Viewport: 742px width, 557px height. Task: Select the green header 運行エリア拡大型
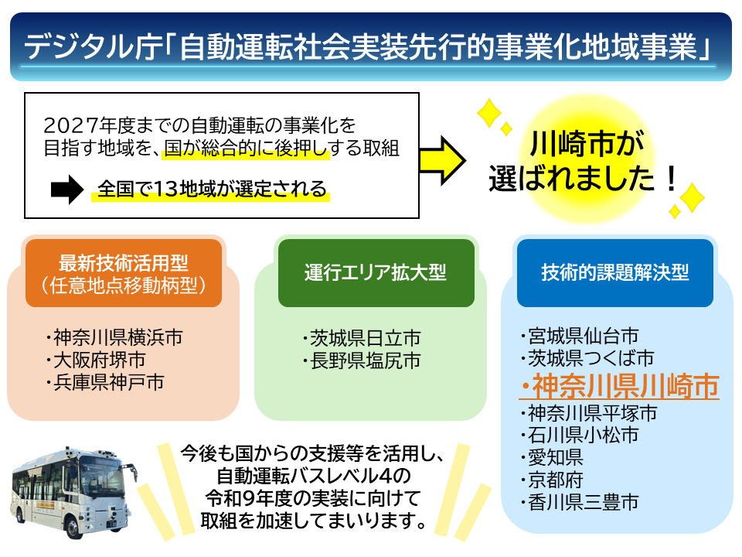point(375,273)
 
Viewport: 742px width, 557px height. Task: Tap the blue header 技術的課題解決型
point(614,273)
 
